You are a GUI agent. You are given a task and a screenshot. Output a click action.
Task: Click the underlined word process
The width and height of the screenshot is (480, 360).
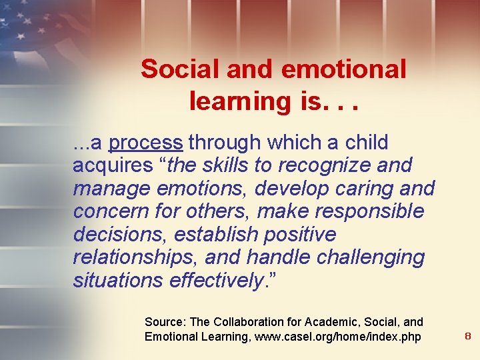pos(145,143)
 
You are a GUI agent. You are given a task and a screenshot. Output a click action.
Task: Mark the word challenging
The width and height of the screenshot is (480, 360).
pos(361,257)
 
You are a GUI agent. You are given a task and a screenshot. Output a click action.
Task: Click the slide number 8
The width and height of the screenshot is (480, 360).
pos(467,337)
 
